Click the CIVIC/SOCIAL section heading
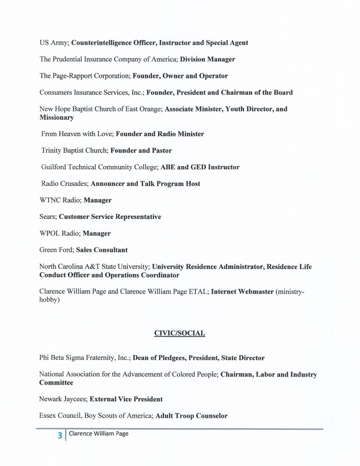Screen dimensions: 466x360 [180, 333]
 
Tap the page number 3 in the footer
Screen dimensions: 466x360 [59, 435]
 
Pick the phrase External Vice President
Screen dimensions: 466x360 [126, 399]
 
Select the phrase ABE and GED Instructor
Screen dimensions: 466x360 [199, 167]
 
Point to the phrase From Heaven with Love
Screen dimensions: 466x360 [76, 134]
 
